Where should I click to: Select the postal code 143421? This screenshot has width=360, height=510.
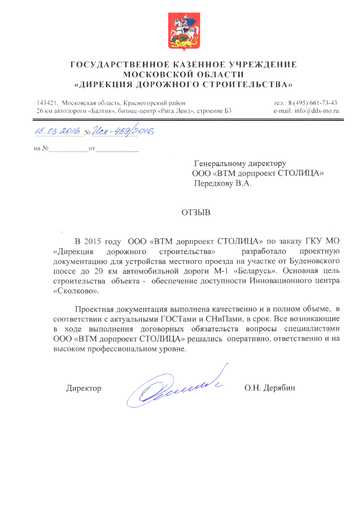[x=47, y=102]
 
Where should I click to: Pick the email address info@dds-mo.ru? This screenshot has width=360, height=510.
[x=313, y=111]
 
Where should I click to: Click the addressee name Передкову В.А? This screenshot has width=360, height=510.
[x=222, y=182]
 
